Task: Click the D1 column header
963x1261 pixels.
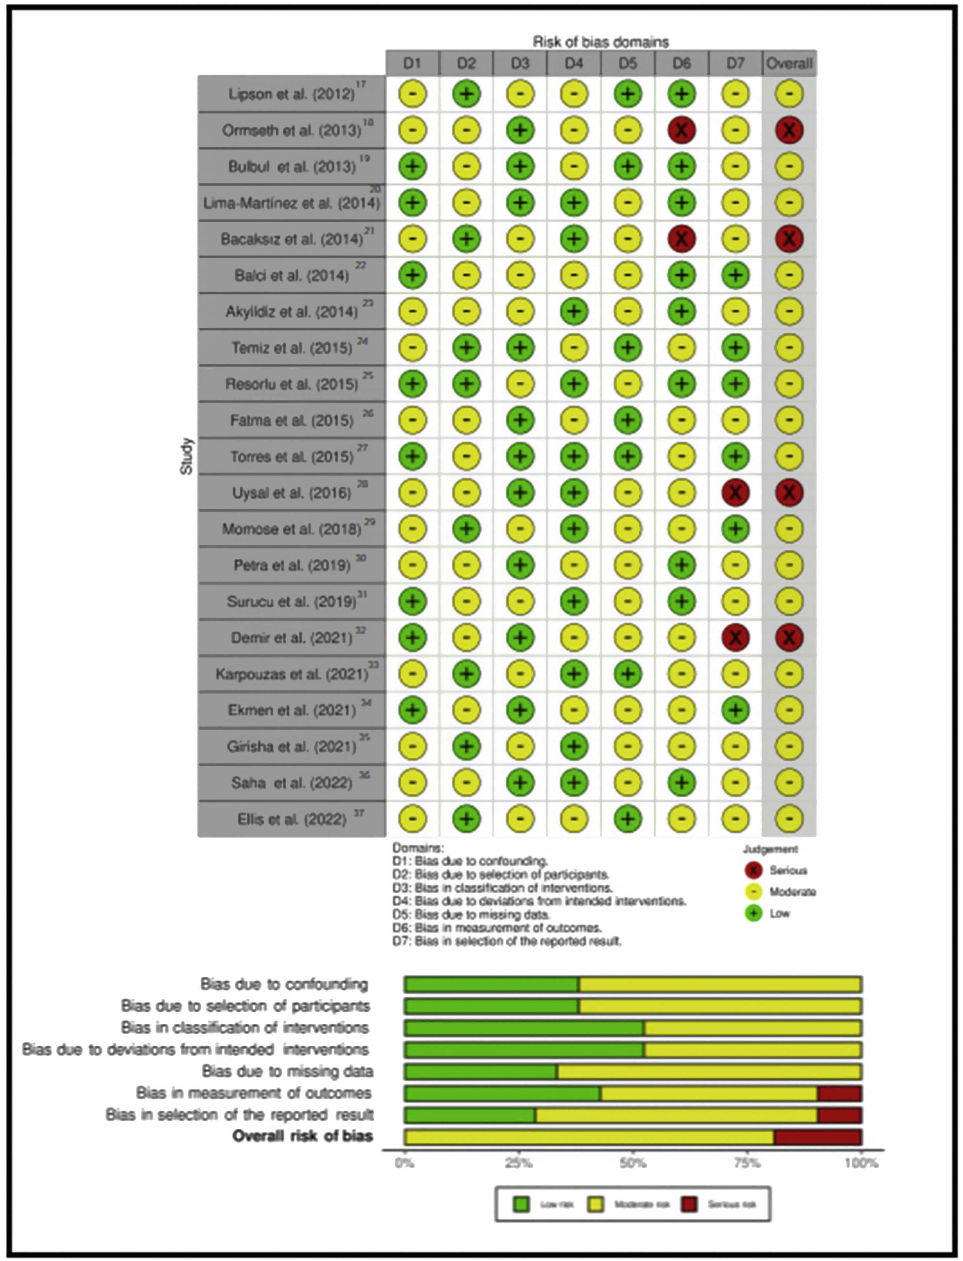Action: [412, 63]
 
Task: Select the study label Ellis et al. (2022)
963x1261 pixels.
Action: [291, 819]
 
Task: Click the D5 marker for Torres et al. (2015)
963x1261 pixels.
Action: [627, 456]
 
